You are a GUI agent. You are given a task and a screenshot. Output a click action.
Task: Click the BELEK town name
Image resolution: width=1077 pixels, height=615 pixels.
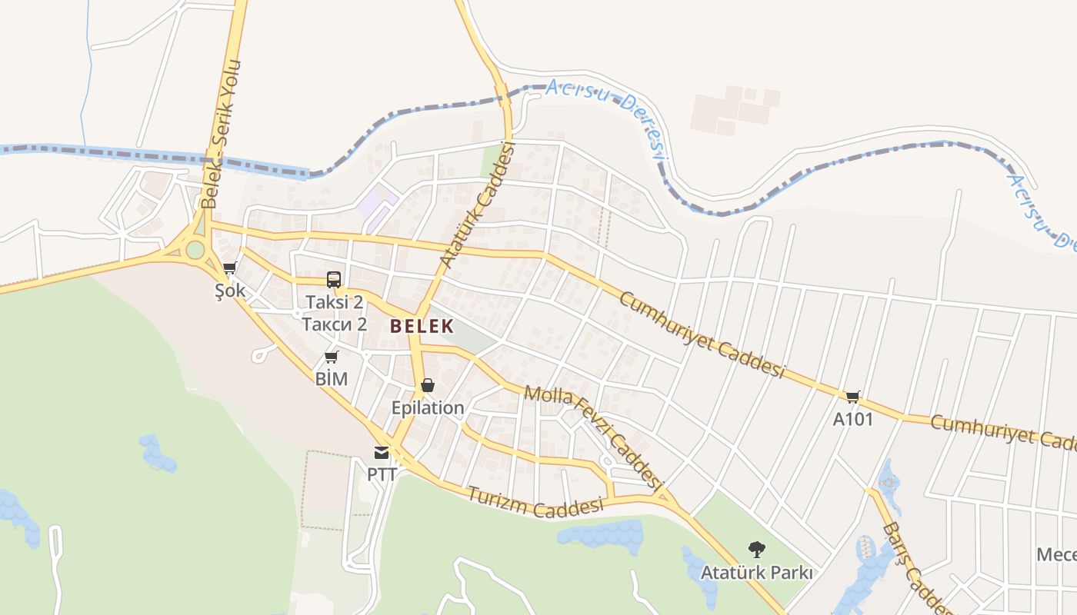pos(422,326)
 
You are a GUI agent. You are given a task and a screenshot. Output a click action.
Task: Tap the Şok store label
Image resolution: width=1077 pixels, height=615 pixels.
pos(230,291)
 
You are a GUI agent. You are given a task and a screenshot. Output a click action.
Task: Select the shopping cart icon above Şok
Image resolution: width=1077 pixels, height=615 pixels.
pos(228,268)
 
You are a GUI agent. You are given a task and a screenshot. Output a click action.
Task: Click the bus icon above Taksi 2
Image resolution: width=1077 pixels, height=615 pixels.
pos(334,280)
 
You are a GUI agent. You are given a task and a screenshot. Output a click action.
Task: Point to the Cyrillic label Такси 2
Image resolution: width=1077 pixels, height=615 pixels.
pos(334,324)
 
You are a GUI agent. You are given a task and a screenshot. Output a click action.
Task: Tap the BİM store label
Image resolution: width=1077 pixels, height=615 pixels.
pos(332,378)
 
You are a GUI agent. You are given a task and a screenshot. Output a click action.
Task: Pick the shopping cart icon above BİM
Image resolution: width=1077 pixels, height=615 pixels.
pos(332,357)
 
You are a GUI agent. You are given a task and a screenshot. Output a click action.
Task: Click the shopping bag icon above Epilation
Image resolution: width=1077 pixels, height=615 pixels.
pos(428,385)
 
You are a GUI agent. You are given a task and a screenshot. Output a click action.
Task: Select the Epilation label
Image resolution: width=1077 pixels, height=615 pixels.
pos(428,407)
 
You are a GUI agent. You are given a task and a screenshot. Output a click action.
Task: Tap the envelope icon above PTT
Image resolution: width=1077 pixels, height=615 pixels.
pos(382,452)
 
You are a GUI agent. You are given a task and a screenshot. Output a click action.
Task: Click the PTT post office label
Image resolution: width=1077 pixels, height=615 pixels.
pos(382,474)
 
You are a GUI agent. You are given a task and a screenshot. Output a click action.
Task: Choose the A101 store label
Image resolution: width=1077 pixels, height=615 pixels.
pos(853,419)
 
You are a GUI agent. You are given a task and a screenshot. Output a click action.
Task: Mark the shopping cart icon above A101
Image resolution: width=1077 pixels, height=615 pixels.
pos(852,397)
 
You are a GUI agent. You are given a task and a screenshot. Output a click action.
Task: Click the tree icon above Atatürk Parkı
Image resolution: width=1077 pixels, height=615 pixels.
pos(757,550)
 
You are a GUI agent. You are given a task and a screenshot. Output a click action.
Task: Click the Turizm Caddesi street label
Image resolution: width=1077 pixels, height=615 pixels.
pos(535,500)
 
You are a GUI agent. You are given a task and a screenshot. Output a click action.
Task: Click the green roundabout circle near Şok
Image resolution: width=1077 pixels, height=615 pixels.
pos(195,250)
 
